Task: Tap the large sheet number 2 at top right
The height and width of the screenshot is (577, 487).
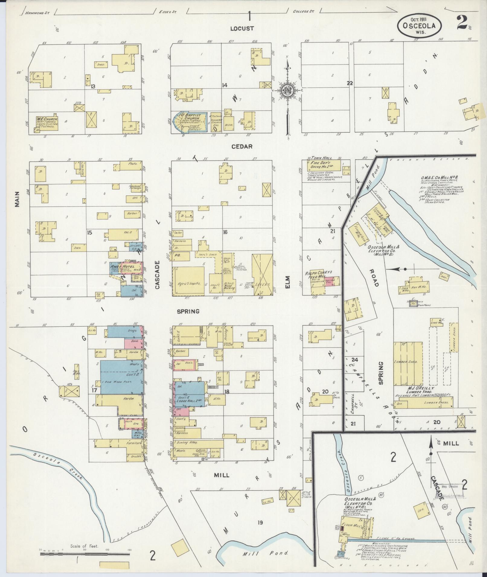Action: (x=462, y=22)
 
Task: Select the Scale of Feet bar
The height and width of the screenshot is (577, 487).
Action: (x=84, y=554)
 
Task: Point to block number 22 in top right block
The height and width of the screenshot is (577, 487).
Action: (x=350, y=84)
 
